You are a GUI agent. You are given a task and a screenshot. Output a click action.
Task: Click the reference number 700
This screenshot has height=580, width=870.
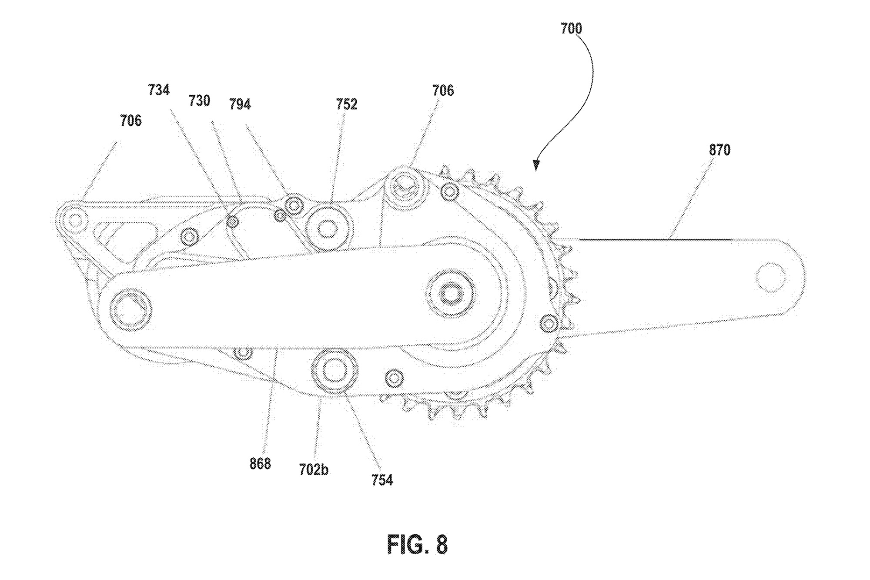[571, 29]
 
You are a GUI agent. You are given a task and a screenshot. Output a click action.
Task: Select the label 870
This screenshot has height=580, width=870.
[719, 150]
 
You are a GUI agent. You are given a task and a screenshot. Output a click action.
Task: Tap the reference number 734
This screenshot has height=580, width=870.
[158, 90]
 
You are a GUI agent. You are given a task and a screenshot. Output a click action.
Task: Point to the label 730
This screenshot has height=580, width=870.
[199, 101]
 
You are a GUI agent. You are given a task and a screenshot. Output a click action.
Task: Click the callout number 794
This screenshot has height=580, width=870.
[240, 104]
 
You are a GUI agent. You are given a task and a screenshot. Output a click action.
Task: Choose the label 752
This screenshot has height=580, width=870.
[346, 104]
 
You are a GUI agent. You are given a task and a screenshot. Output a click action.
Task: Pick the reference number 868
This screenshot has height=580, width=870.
[260, 464]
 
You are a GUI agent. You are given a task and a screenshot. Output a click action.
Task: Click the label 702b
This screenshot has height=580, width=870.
[314, 470]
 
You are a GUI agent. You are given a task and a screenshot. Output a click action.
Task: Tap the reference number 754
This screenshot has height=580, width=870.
[382, 480]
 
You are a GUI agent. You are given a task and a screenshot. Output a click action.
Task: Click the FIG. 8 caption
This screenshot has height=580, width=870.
[417, 544]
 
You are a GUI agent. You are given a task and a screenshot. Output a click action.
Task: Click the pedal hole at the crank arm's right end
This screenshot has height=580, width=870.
[770, 277]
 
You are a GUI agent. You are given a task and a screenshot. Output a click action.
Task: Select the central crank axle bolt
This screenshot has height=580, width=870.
[451, 294]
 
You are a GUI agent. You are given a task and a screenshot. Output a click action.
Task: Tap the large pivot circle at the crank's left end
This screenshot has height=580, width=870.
[130, 310]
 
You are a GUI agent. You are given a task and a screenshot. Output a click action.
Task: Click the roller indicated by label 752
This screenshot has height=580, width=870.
[328, 229]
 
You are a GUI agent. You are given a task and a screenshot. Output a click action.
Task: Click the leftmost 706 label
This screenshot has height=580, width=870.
[130, 121]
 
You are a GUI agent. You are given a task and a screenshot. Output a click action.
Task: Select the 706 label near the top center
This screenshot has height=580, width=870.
[443, 91]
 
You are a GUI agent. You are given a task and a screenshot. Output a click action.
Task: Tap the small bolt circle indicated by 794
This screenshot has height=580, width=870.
[294, 205]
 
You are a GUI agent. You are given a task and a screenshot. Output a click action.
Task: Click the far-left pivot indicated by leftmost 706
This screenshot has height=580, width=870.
[75, 221]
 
